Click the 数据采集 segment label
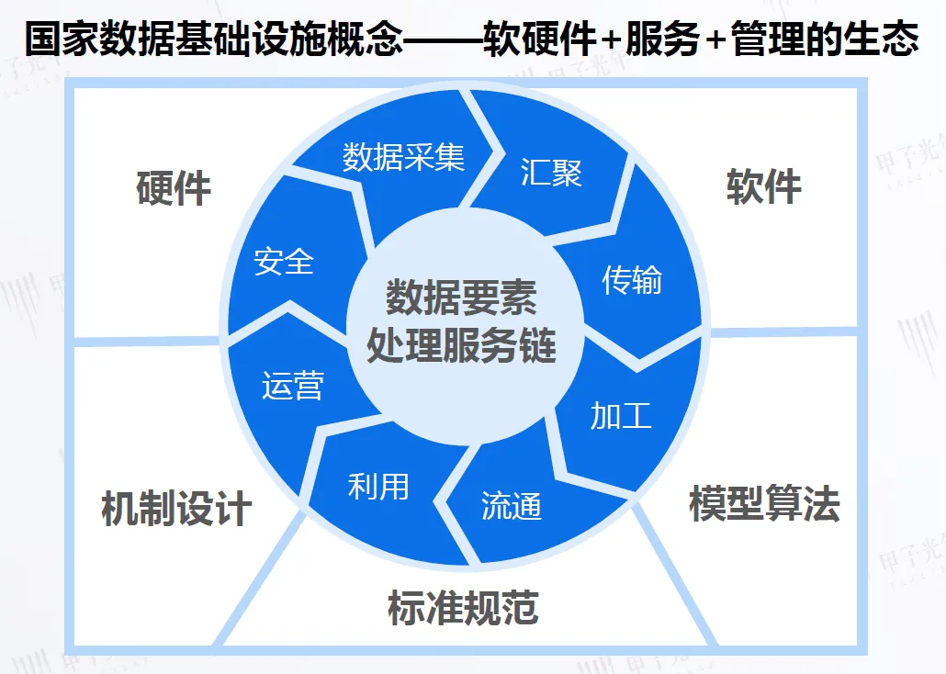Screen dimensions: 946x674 404,157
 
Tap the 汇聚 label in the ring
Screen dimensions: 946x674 551,172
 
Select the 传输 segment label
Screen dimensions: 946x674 631,279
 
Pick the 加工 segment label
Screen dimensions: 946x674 621,415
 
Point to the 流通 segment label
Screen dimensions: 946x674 512,506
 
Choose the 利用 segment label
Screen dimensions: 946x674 378,486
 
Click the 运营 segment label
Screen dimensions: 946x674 292,386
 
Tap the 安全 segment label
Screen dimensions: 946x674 285,262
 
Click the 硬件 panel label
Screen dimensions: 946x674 174,188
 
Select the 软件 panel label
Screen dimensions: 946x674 764,186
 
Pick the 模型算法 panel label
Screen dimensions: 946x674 764,503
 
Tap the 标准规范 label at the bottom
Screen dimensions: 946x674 463,608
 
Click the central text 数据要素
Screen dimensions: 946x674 461,299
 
